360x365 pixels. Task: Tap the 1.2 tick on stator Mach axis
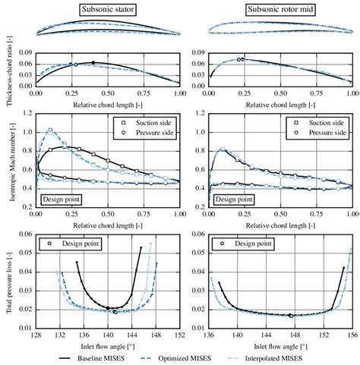tap(27, 115)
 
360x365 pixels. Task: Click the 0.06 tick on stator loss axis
tap(24, 235)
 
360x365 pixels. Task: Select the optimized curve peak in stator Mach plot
tap(51, 130)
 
